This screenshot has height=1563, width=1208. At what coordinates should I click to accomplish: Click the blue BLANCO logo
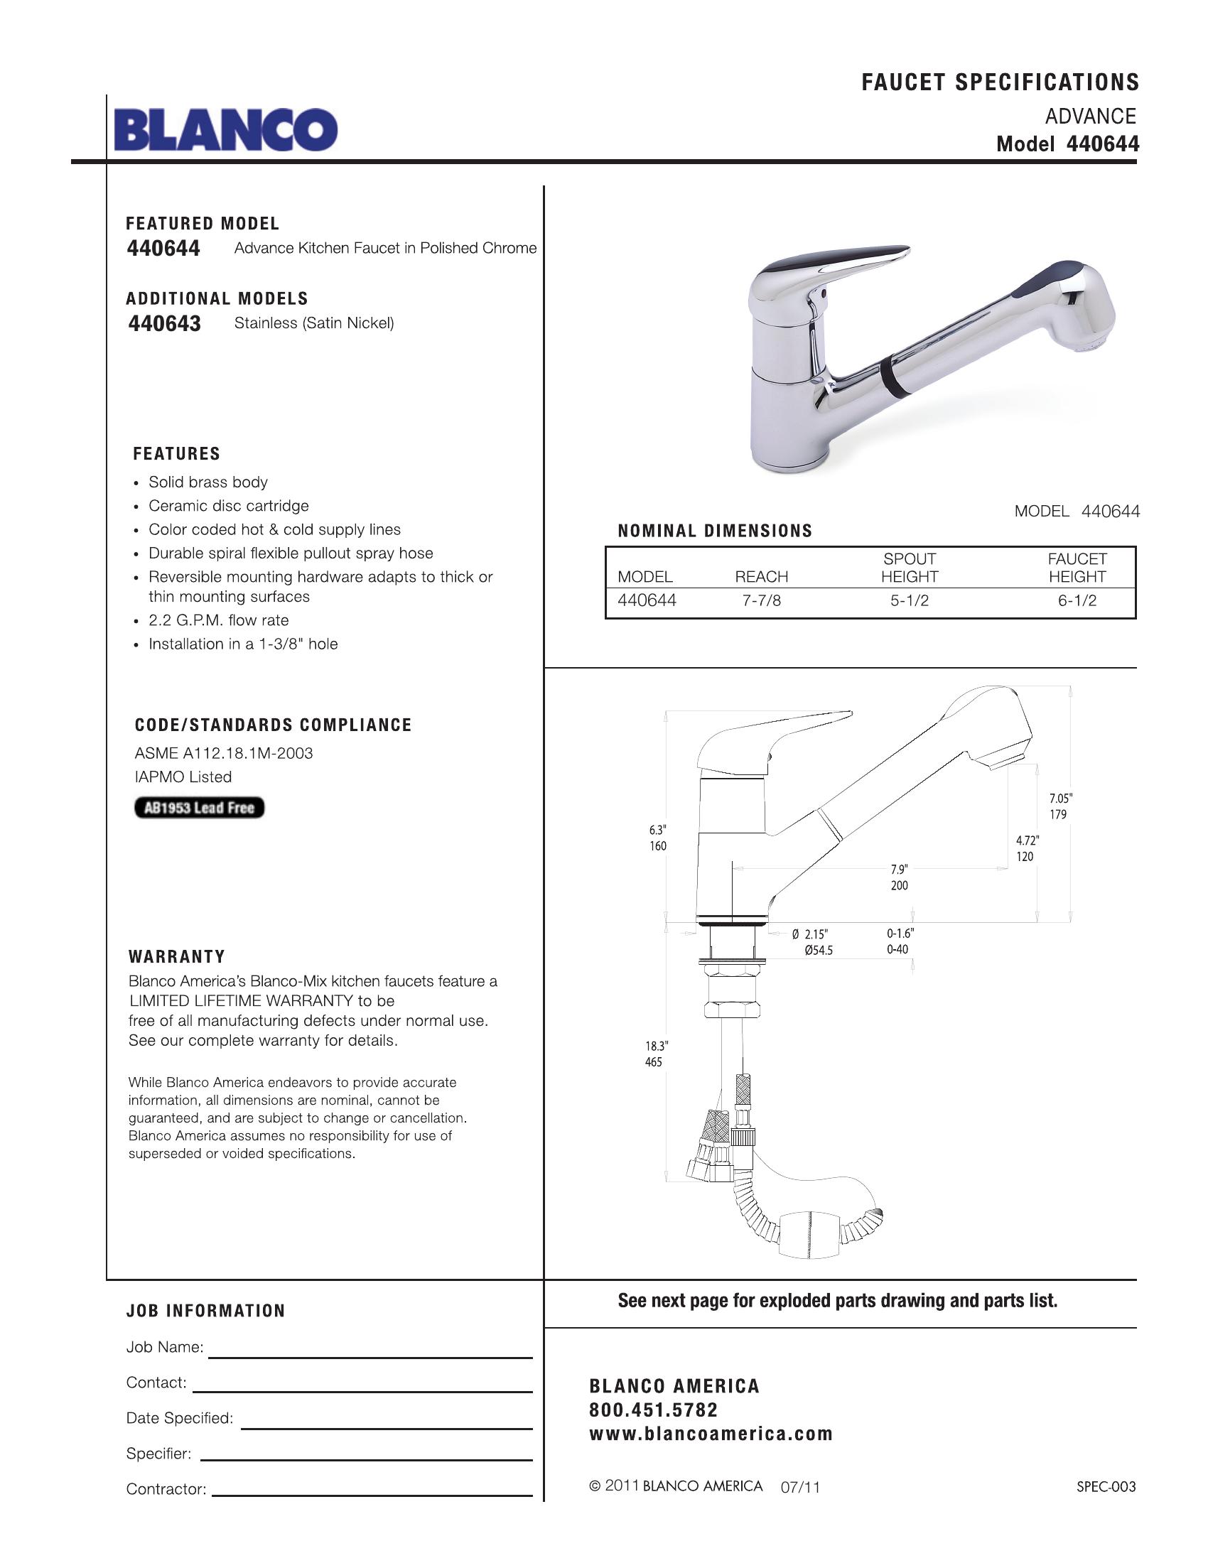coord(225,129)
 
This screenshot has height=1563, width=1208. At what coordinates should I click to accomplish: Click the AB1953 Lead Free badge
coord(199,808)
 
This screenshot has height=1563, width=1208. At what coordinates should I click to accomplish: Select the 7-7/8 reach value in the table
coord(762,601)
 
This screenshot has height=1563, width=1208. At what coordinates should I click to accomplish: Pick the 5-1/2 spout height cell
coord(909,601)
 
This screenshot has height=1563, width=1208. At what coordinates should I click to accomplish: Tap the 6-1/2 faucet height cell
coord(1077,601)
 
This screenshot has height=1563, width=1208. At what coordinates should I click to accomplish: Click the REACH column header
coord(762,577)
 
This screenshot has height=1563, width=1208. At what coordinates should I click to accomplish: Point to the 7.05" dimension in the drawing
coord(1061,799)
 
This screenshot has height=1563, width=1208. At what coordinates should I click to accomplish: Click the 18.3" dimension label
coord(657,1046)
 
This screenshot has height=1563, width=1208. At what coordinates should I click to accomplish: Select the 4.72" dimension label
coord(1027,840)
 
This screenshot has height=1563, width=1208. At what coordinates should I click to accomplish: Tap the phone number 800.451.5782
coord(653,1410)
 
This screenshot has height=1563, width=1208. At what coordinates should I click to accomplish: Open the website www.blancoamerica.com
coord(711,1434)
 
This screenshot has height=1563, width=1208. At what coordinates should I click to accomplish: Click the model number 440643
coord(165,323)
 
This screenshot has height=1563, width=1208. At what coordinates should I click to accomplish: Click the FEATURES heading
coord(177,454)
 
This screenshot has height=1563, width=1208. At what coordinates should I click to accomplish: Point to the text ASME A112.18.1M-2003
coord(223,753)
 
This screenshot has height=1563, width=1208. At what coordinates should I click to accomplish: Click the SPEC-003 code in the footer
coord(1106,1487)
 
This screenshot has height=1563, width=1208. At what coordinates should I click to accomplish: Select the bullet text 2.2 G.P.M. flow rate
coord(218,620)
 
